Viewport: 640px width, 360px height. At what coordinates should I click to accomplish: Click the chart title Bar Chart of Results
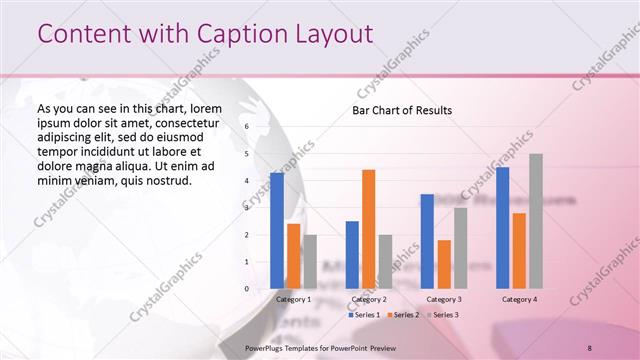pyautogui.click(x=401, y=110)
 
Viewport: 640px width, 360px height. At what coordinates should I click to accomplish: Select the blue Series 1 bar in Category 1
pyautogui.click(x=277, y=231)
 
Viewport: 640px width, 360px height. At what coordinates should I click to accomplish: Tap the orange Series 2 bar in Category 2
pyautogui.click(x=368, y=229)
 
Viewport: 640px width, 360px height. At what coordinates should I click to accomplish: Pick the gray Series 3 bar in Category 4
pyautogui.click(x=536, y=221)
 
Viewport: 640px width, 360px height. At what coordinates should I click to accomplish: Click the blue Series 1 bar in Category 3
pyautogui.click(x=427, y=241)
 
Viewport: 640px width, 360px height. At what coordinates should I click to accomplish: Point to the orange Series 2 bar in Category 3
pyautogui.click(x=444, y=264)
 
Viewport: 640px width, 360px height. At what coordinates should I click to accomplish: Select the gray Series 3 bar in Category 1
pyautogui.click(x=310, y=261)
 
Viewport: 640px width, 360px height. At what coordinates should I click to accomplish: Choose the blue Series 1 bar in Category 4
pyautogui.click(x=502, y=228)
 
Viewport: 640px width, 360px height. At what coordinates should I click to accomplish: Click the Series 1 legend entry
pyautogui.click(x=365, y=314)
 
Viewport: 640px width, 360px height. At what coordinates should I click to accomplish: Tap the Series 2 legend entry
pyautogui.click(x=402, y=314)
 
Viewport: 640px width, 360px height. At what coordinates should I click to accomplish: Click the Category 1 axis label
pyautogui.click(x=293, y=299)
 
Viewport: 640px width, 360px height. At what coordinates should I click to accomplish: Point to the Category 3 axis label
pyautogui.click(x=444, y=299)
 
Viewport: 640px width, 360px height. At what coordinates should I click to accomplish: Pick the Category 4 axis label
pyautogui.click(x=519, y=299)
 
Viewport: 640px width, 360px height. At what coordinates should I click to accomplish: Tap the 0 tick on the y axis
pyautogui.click(x=247, y=289)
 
